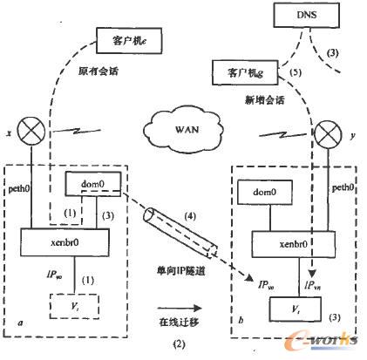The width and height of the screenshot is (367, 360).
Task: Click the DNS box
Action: pyautogui.click(x=306, y=15)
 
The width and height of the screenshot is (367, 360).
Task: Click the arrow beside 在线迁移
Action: pyautogui.click(x=174, y=307)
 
